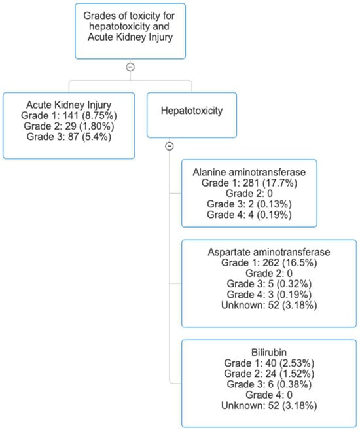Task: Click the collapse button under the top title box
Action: (x=130, y=67)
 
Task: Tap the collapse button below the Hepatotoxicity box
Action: (x=170, y=146)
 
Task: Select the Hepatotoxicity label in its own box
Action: (x=192, y=111)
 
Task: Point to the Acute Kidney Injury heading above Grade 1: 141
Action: (x=69, y=105)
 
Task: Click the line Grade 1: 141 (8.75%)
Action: (x=69, y=115)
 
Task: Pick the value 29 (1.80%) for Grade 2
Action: (x=90, y=126)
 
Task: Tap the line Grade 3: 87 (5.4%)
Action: (x=69, y=137)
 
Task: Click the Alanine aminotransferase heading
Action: (x=249, y=172)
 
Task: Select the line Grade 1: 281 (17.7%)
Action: (x=249, y=183)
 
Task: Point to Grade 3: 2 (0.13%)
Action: (x=249, y=204)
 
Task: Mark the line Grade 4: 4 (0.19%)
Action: (x=249, y=215)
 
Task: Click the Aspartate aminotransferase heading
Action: (x=269, y=252)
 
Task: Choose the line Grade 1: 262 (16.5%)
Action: (x=269, y=262)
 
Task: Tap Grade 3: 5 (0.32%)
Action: (x=269, y=284)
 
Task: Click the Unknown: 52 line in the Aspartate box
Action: (x=269, y=305)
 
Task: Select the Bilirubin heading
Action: (x=269, y=352)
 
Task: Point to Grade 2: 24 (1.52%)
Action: (x=269, y=374)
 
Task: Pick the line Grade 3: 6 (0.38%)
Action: (x=269, y=384)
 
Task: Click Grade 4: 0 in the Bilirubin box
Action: (x=269, y=395)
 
